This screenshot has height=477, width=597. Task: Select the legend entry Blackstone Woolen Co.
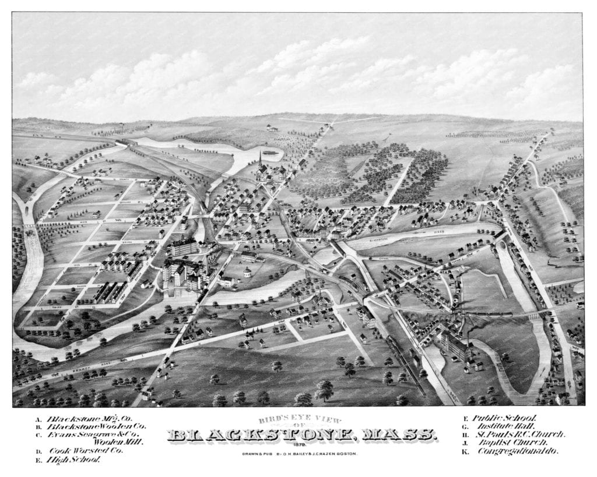[x=96, y=426]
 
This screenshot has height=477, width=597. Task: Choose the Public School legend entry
[x=504, y=418]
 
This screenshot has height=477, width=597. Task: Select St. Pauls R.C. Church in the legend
[x=519, y=434]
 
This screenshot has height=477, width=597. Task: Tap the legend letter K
[x=465, y=451]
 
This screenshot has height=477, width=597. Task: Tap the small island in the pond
[x=270, y=153]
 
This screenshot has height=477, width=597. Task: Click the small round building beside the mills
[x=247, y=272]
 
